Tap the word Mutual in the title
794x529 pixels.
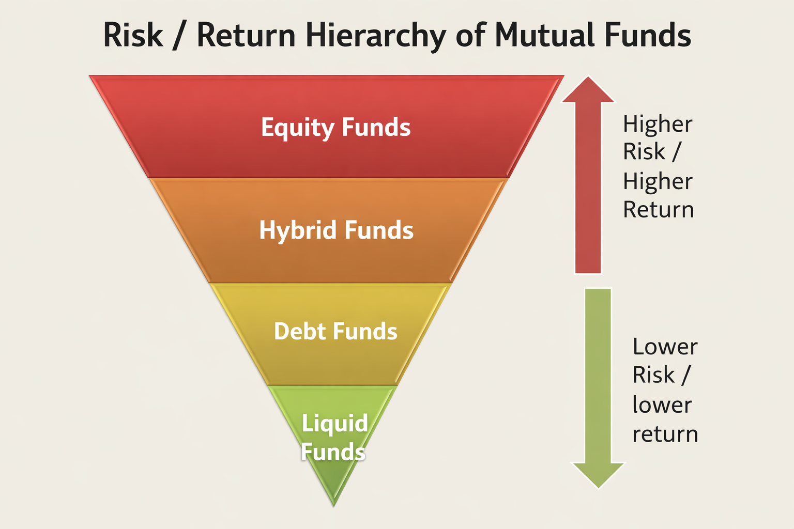point(545,35)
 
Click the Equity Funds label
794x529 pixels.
point(335,128)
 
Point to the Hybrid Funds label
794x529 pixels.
point(336,230)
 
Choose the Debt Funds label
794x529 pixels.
point(335,331)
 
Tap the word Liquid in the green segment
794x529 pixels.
point(334,424)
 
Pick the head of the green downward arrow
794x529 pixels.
point(598,475)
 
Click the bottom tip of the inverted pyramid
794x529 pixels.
point(333,506)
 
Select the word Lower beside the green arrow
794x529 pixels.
point(665,347)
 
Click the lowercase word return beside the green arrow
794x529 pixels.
point(665,434)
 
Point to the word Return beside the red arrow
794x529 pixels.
point(658,210)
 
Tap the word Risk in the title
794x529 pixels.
point(133,35)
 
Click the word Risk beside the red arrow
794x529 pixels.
point(644,152)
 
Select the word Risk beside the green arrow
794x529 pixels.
point(653,375)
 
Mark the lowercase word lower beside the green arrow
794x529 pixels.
point(662,404)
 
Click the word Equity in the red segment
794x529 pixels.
point(298,128)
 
